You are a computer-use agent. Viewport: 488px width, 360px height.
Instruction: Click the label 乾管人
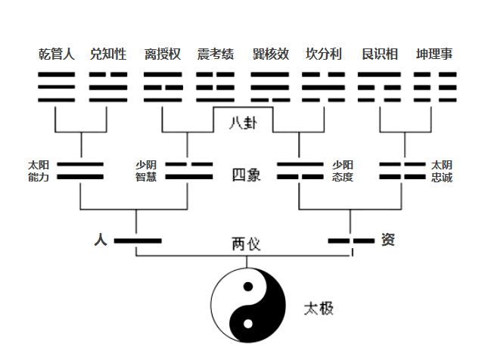pos(57,54)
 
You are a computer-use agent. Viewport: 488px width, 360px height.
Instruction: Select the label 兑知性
pos(108,54)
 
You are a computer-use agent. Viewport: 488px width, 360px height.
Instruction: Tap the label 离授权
pos(163,54)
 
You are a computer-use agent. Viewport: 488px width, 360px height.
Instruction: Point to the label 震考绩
pos(216,54)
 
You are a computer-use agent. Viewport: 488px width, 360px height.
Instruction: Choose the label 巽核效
pos(270,54)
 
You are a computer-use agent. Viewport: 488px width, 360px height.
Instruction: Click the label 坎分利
pos(323,54)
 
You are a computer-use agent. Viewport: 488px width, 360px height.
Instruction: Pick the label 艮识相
pos(380,54)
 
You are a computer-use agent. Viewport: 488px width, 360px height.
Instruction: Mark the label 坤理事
pos(434,54)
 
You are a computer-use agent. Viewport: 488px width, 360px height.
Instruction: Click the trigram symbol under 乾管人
pos(56,87)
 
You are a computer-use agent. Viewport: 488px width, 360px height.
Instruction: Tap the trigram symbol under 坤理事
pos(435,87)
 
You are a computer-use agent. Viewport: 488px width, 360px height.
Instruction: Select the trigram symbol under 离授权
pos(163,87)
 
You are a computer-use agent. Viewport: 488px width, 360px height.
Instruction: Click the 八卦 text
pos(243,123)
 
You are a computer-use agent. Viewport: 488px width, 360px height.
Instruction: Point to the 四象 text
pos(246,175)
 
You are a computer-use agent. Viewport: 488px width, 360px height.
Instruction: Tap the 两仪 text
pos(246,244)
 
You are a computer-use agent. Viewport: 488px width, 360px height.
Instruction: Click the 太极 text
pos(319,309)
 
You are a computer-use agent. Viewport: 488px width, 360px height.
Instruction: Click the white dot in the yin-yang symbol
pos(248,324)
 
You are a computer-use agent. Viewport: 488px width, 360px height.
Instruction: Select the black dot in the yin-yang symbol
pos(248,287)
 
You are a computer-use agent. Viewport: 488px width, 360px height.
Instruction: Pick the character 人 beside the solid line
pos(101,240)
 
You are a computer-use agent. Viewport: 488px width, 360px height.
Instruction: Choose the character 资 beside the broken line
pos(388,240)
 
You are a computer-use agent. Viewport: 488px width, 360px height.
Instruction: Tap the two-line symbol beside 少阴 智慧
pos(189,170)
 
